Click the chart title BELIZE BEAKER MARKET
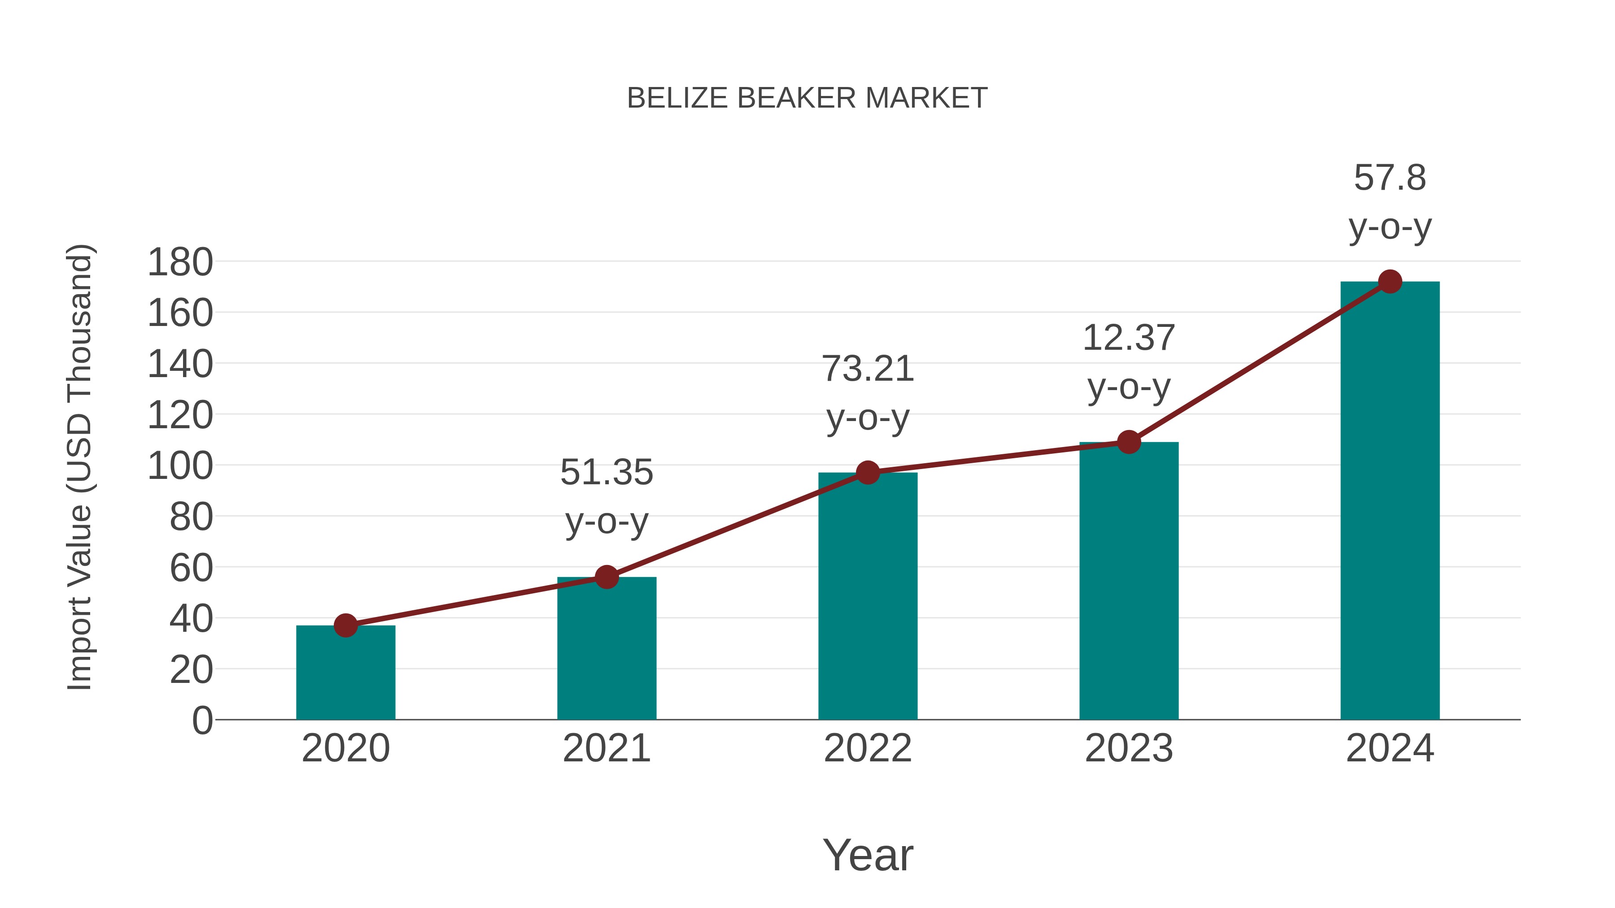pyautogui.click(x=807, y=98)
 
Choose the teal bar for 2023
pyautogui.click(x=1129, y=583)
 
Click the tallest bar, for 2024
pyautogui.click(x=1390, y=501)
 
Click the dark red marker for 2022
pyautogui.click(x=868, y=473)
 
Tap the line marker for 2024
pyautogui.click(x=1390, y=282)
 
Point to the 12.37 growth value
pyautogui.click(x=1129, y=339)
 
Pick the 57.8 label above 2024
pyautogui.click(x=1390, y=178)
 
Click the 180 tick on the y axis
pyautogui.click(x=180, y=263)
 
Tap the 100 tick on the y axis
pyautogui.click(x=180, y=467)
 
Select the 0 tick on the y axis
pyautogui.click(x=202, y=721)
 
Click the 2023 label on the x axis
pyautogui.click(x=1129, y=748)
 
